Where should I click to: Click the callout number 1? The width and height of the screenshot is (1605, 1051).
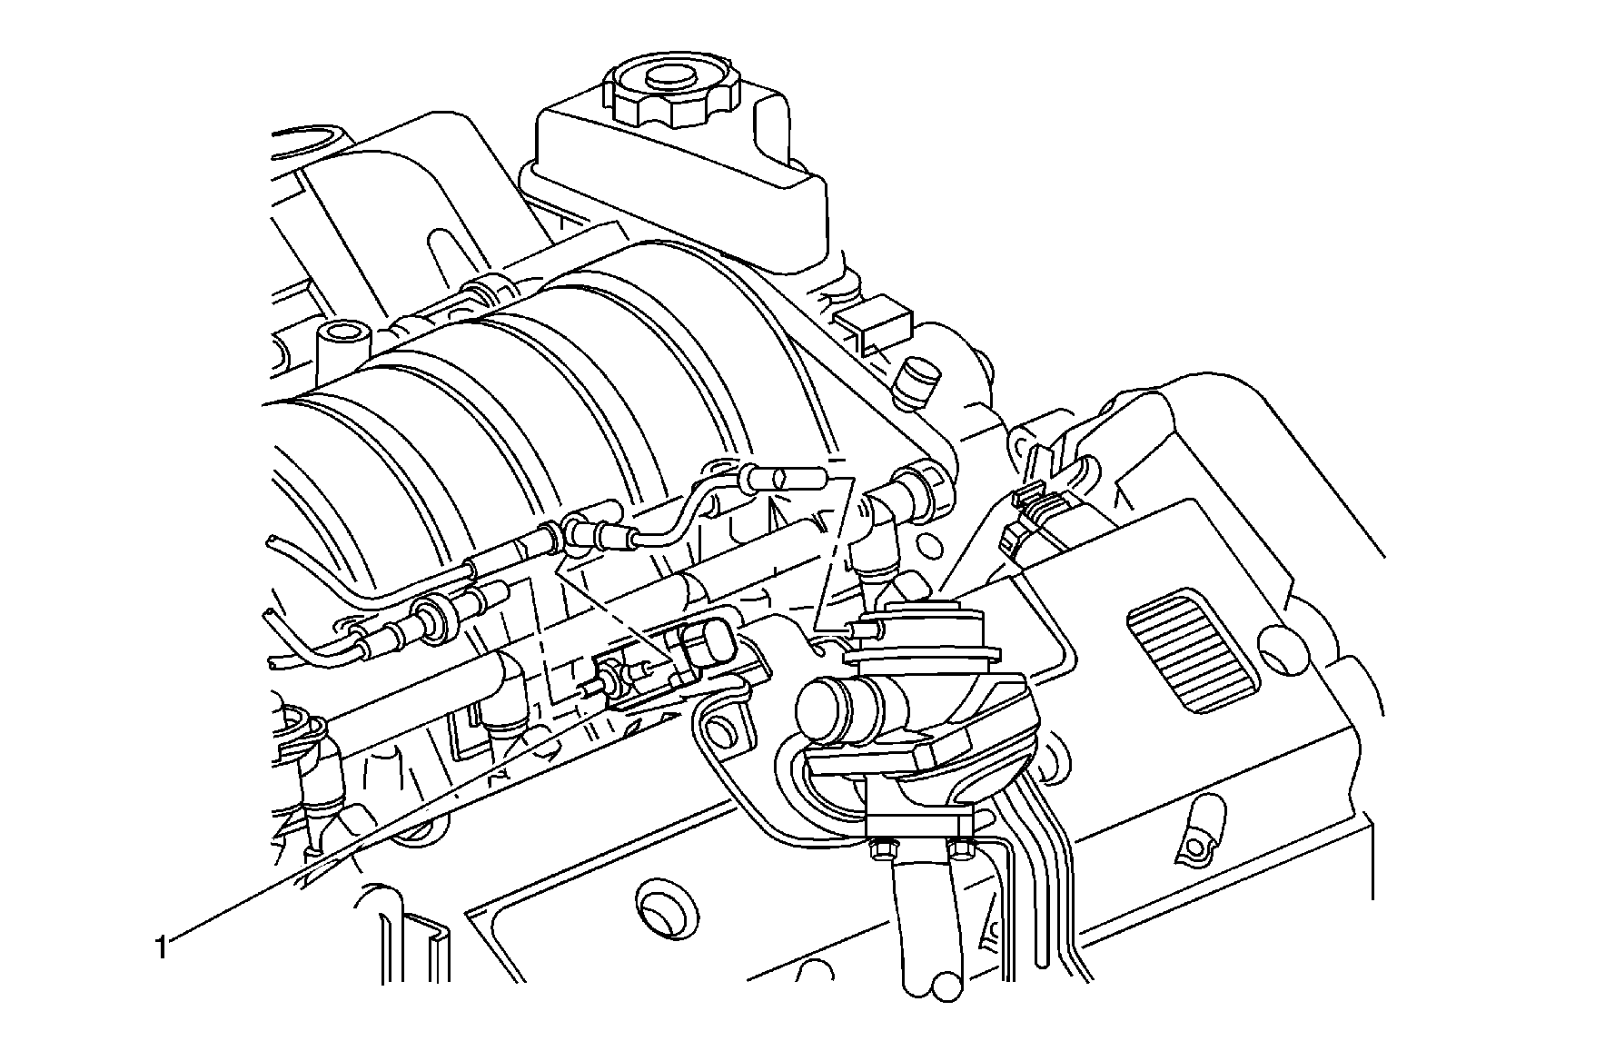click(x=161, y=949)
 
